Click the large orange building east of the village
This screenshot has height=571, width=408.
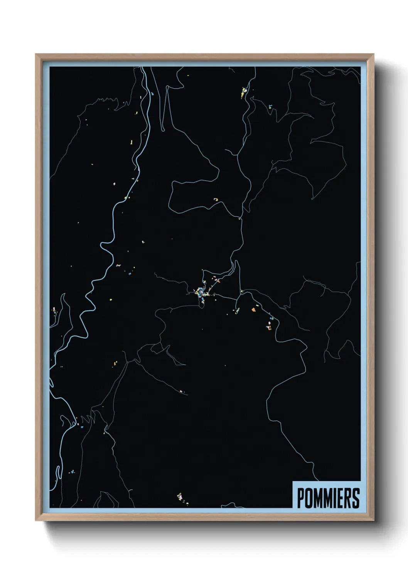point(254,309)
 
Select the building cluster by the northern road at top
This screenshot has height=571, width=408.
point(244,92)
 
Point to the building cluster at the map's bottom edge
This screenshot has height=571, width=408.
point(180,497)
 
